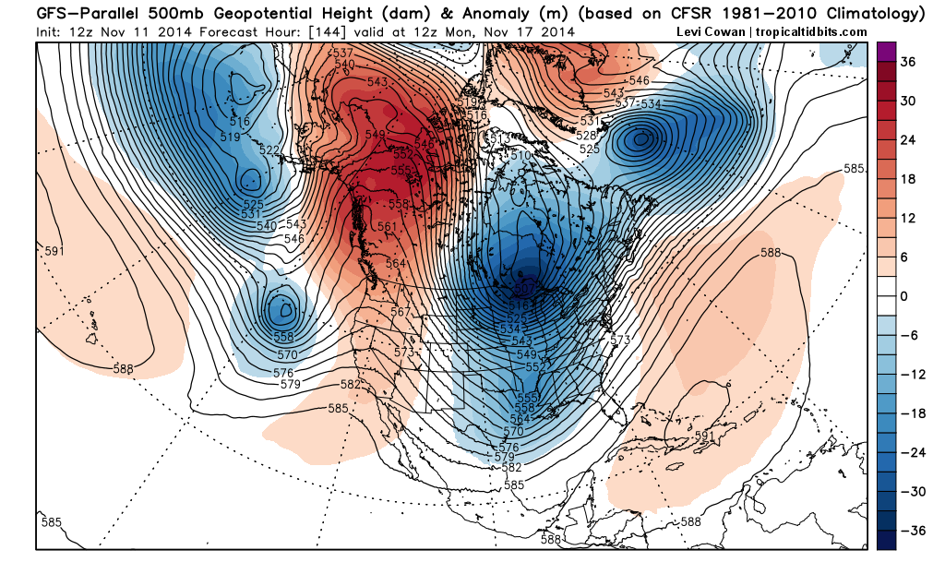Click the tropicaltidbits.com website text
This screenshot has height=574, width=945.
(x=812, y=31)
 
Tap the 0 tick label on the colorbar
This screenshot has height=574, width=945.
(x=906, y=296)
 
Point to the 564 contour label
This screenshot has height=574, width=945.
(x=395, y=263)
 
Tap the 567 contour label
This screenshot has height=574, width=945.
(x=401, y=312)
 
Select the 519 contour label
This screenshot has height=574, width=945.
(x=230, y=137)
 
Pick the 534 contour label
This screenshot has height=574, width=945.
(x=651, y=102)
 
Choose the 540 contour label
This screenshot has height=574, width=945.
(x=266, y=225)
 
